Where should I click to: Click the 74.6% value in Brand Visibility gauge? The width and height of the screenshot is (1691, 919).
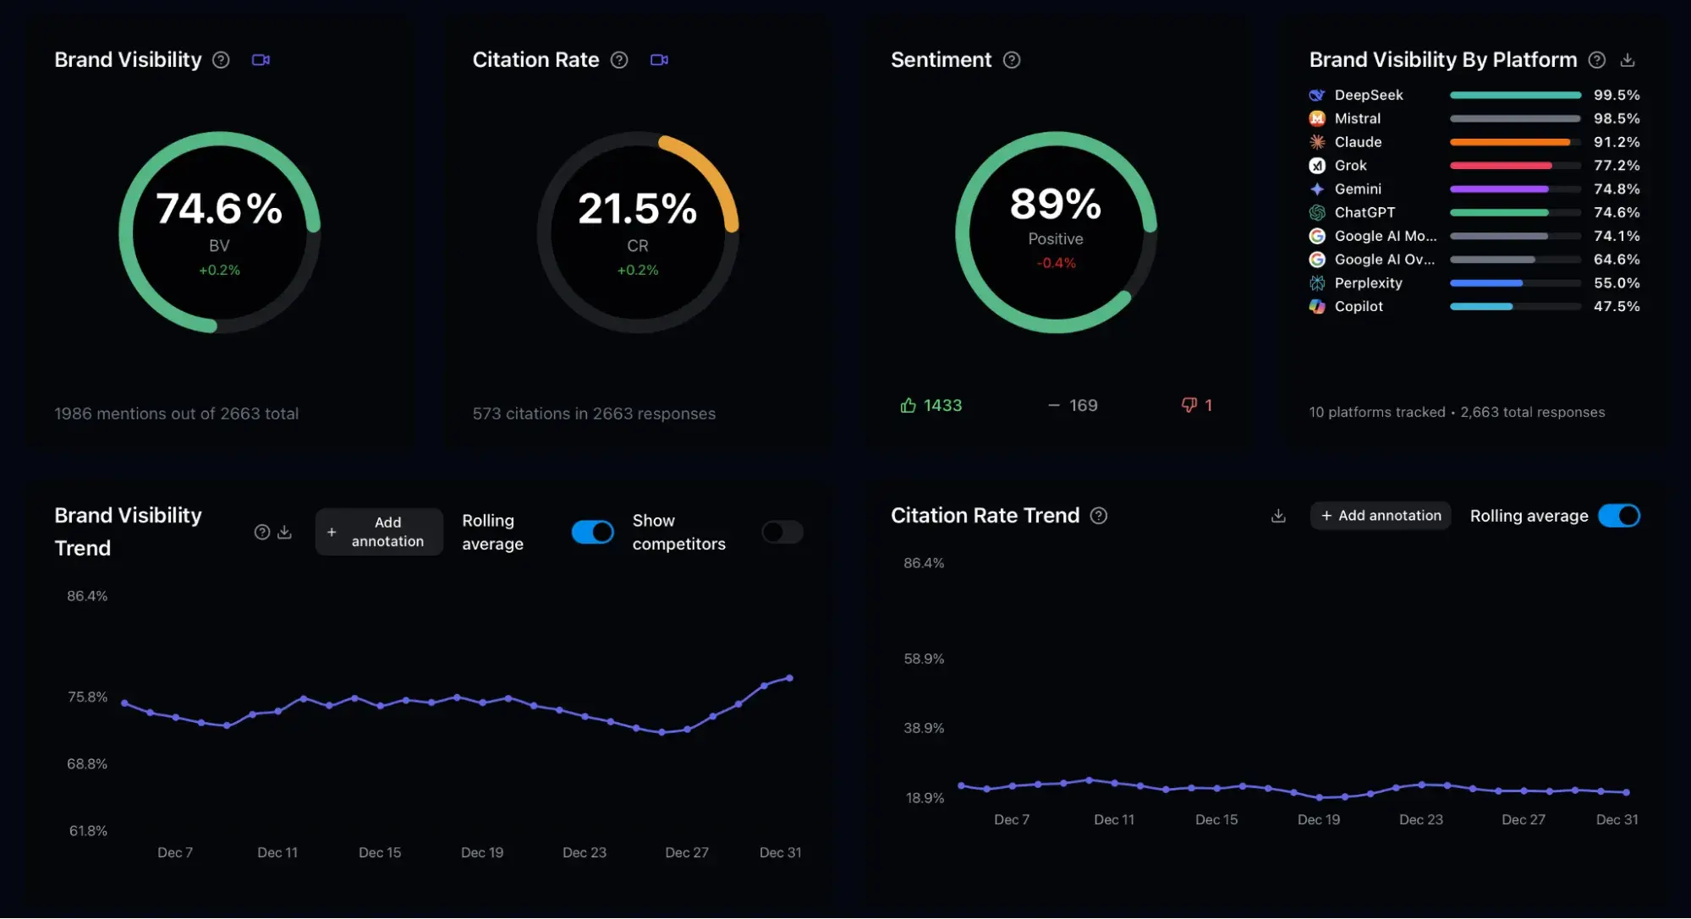coord(219,209)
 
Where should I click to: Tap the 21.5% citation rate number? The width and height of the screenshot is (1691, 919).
coord(637,209)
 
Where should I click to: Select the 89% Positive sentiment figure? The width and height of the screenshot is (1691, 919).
coord(1055,205)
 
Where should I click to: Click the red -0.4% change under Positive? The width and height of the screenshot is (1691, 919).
coord(1056,263)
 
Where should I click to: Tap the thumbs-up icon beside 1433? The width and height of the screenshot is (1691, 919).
coord(908,406)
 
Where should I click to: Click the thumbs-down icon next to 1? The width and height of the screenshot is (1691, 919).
coord(1189,405)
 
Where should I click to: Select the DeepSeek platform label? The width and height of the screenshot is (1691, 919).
coord(1368,95)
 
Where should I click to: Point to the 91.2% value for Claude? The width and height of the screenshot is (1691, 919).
coord(1616,142)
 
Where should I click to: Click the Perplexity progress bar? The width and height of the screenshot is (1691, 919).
coord(1514,283)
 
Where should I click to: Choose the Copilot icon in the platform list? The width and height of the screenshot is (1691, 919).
coord(1317,306)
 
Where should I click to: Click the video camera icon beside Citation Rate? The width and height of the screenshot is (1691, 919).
coord(659,60)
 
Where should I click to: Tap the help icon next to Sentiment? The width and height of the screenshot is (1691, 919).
coord(1011,60)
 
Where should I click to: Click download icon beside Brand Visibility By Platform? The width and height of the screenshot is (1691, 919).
coord(1627,60)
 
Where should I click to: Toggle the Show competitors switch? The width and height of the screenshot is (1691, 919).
coord(782,532)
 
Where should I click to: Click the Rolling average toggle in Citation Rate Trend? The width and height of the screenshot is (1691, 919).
coord(1618,516)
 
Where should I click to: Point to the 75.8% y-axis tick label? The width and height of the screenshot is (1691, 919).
coord(87,697)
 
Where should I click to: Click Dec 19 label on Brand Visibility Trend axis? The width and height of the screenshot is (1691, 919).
coord(481,852)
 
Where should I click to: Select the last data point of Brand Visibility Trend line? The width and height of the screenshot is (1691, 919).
coord(789,678)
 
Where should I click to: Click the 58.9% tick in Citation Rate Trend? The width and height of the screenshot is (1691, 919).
coord(923,659)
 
